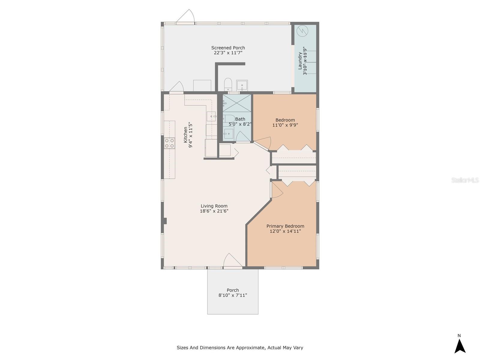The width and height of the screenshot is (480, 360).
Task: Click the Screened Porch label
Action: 228,48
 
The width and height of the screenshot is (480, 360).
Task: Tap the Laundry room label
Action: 300,61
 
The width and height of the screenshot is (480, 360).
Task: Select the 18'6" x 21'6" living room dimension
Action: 214,211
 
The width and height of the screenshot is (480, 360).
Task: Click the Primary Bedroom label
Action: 285,226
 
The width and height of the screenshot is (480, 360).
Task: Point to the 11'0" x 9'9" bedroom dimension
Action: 285,125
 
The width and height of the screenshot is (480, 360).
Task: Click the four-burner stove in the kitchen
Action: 169,143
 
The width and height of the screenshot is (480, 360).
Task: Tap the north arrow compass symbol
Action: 460,346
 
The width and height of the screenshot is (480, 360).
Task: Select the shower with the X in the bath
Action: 237,104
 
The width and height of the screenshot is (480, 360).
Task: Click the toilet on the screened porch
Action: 228,84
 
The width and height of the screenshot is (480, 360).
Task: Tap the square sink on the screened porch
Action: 242,85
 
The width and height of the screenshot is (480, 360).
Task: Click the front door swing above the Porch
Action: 232,260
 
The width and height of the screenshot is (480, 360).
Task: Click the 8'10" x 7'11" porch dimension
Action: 233,295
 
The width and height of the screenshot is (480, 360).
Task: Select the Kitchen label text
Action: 186,134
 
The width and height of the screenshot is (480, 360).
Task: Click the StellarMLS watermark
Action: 465,180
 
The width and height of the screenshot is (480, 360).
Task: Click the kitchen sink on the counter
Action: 211,116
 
